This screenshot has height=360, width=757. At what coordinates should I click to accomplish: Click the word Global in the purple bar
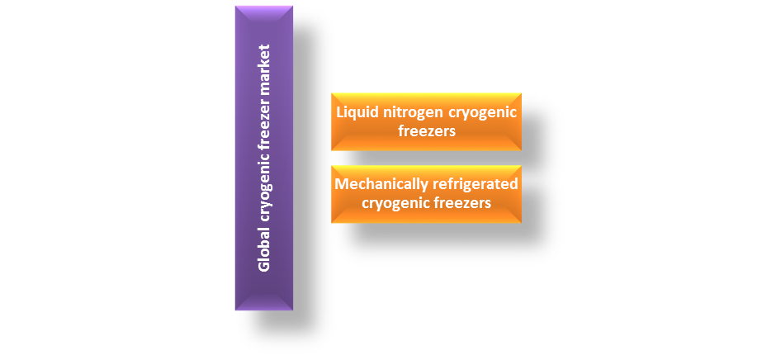264,252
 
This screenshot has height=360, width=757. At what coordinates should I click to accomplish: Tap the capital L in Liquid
338,112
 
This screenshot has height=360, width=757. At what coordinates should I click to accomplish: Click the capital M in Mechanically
341,184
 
